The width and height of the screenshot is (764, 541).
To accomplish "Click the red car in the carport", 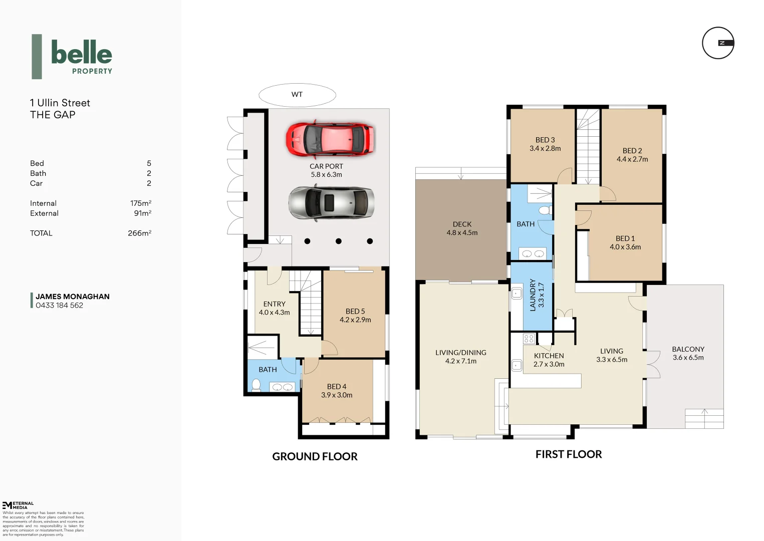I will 330,138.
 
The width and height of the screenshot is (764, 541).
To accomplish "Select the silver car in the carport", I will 331,202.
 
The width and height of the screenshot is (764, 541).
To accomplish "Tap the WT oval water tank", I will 297,95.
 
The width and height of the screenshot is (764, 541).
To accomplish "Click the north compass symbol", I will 718,43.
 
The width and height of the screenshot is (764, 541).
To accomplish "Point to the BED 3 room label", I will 545,140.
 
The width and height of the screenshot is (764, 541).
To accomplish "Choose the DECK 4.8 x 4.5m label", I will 462,228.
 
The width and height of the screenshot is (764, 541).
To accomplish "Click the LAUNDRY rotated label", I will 533,295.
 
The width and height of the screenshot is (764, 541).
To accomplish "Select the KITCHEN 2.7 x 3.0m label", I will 549,360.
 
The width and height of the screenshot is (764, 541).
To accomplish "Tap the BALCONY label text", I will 688,349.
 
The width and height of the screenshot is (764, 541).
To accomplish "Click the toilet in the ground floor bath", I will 256,384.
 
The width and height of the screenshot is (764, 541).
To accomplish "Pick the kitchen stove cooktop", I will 529,339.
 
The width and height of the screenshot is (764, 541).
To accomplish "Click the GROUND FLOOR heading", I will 315,456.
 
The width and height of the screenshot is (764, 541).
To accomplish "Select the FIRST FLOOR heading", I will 569,454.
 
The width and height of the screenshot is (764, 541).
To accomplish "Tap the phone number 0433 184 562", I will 59,306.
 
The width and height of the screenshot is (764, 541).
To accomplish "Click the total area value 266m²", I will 139,233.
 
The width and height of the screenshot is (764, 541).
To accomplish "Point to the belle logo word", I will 82,53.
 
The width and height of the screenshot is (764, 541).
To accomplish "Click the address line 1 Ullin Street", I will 60,103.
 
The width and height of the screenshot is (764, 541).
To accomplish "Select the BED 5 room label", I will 355,311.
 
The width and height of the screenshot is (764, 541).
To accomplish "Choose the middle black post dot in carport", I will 339,241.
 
